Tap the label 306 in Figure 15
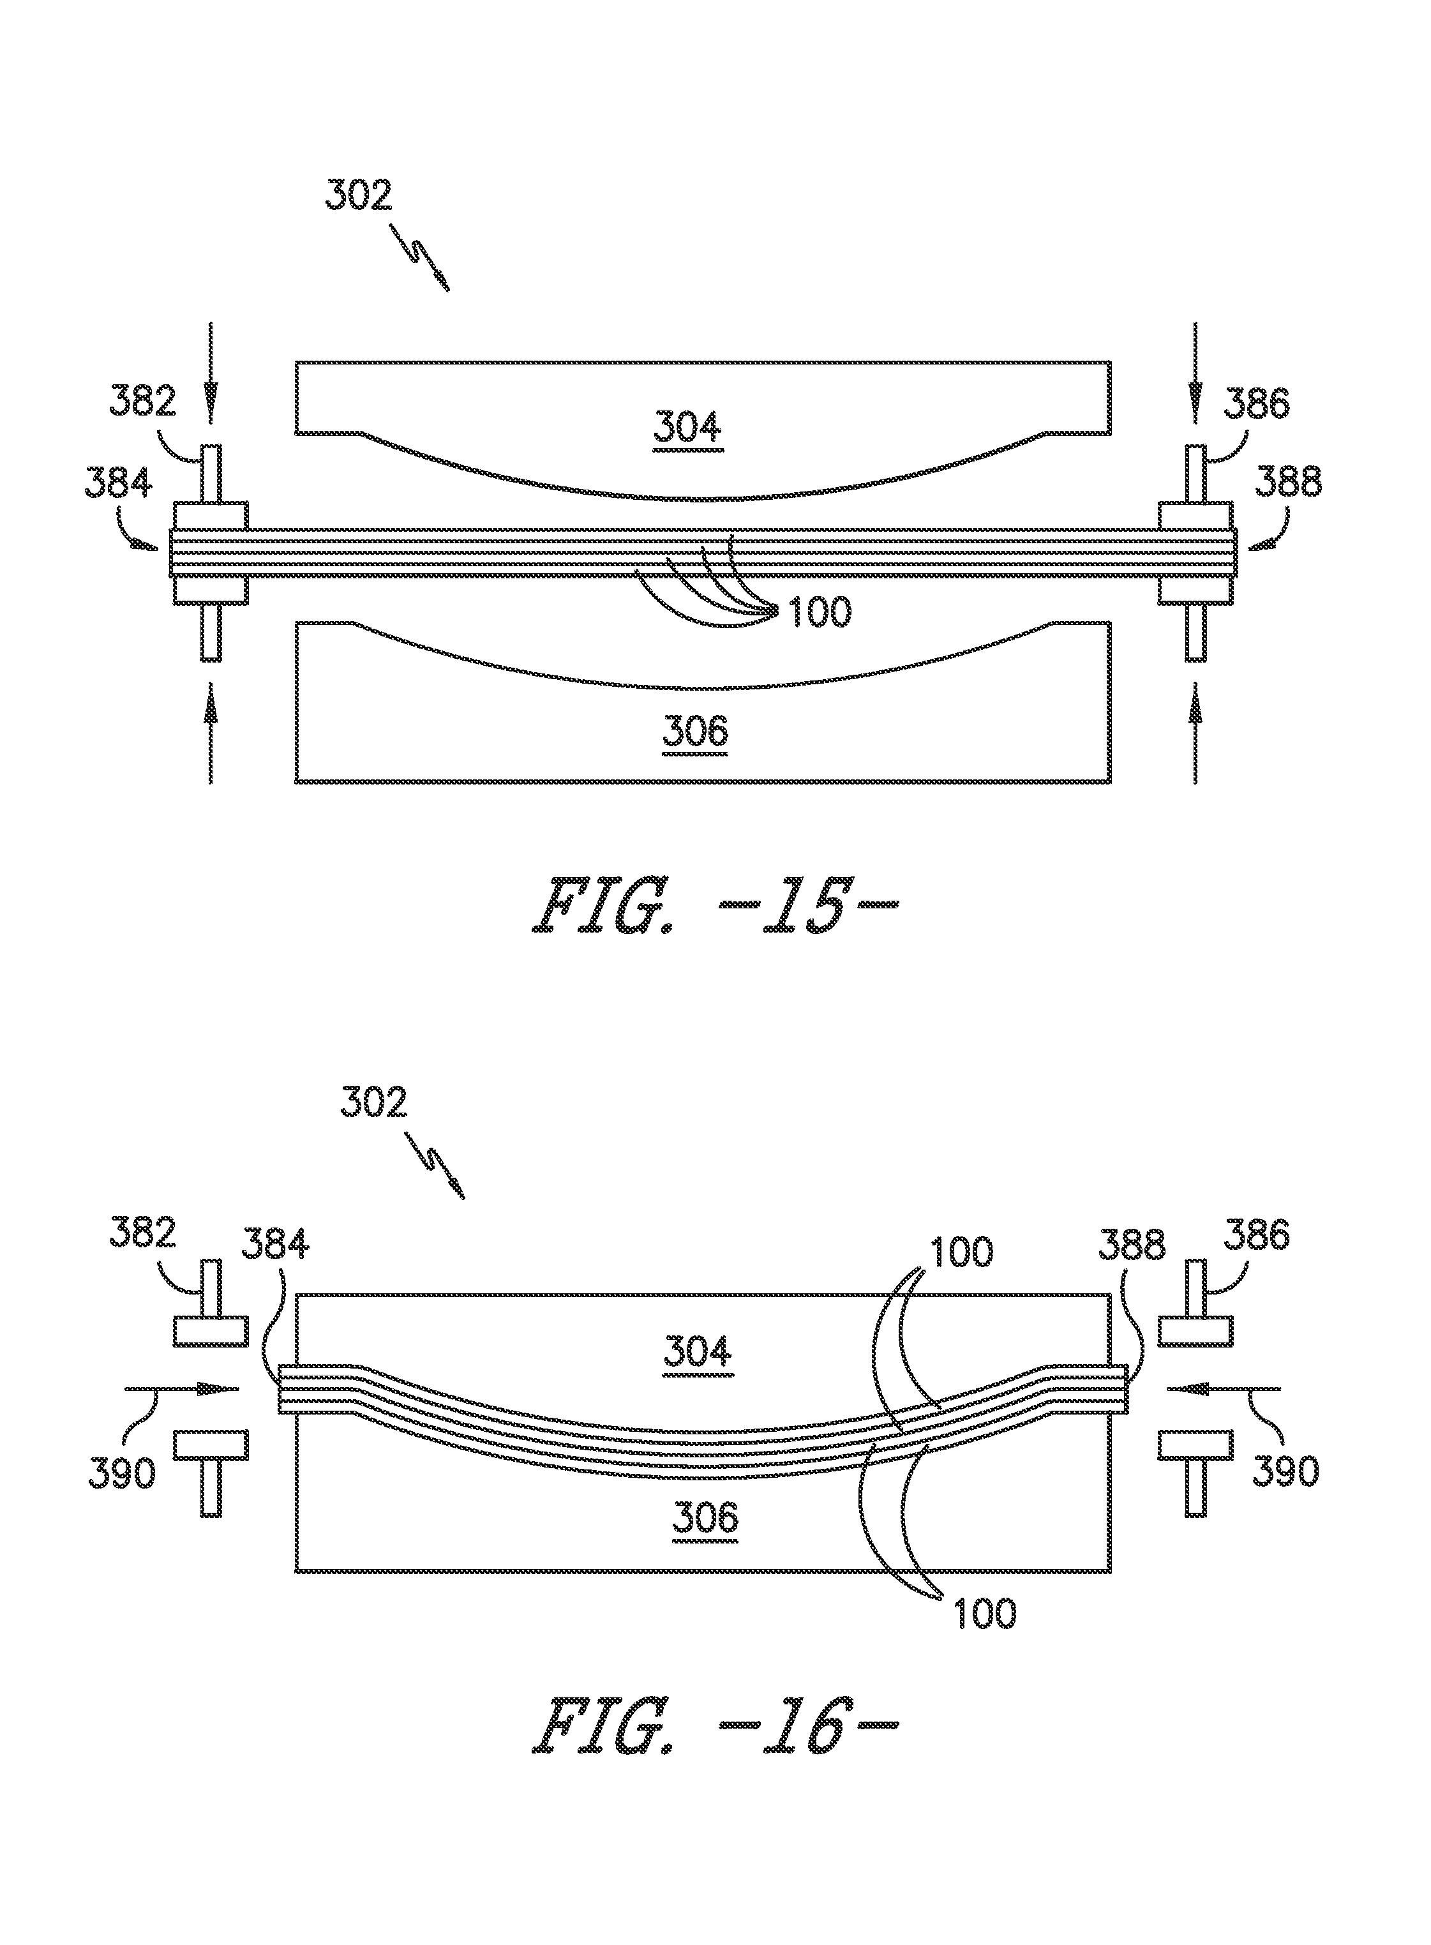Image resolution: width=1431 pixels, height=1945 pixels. (x=696, y=732)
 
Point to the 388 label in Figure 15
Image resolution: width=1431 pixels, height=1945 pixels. (x=1288, y=482)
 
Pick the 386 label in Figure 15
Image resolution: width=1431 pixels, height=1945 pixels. (x=1256, y=403)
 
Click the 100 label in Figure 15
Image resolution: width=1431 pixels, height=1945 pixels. (x=818, y=613)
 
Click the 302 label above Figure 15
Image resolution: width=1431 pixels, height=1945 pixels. (x=359, y=195)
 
